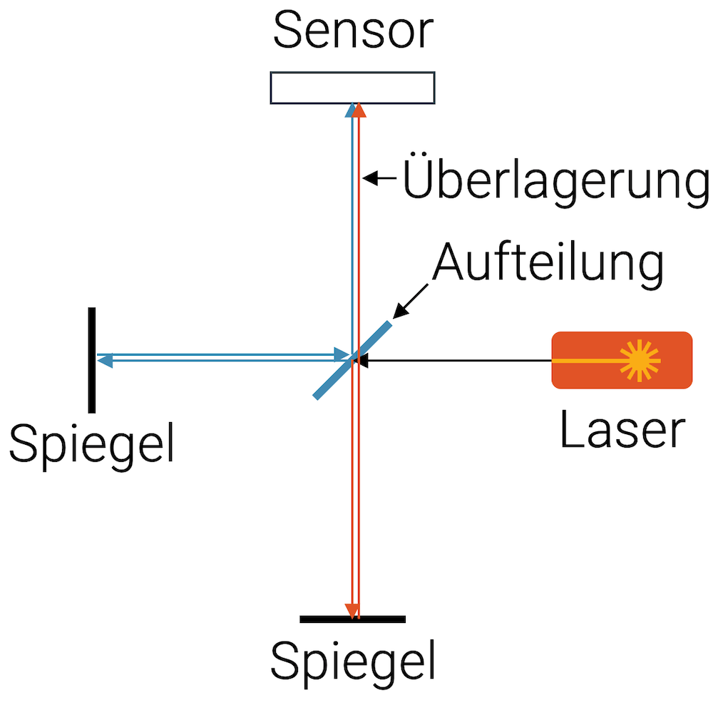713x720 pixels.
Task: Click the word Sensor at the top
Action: click(x=353, y=31)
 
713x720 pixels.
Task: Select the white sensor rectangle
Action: click(x=352, y=88)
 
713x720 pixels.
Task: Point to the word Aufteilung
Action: click(x=548, y=263)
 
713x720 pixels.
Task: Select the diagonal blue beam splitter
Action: click(x=353, y=360)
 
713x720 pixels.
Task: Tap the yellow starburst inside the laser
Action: click(x=639, y=359)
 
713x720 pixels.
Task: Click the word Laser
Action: click(x=622, y=431)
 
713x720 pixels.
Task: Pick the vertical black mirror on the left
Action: click(x=92, y=360)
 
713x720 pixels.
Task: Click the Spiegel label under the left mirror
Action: click(x=91, y=443)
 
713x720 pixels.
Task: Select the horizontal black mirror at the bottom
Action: click(x=352, y=619)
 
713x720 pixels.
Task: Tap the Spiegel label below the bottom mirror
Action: click(x=352, y=661)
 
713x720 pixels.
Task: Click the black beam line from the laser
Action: click(x=456, y=361)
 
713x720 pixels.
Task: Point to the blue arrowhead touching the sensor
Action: click(x=350, y=110)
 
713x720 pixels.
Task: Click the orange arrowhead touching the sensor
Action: click(x=359, y=110)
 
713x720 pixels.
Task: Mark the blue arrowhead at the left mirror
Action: click(x=104, y=361)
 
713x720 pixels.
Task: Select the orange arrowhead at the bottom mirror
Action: click(x=351, y=611)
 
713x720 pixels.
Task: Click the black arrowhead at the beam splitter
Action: click(x=363, y=361)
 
